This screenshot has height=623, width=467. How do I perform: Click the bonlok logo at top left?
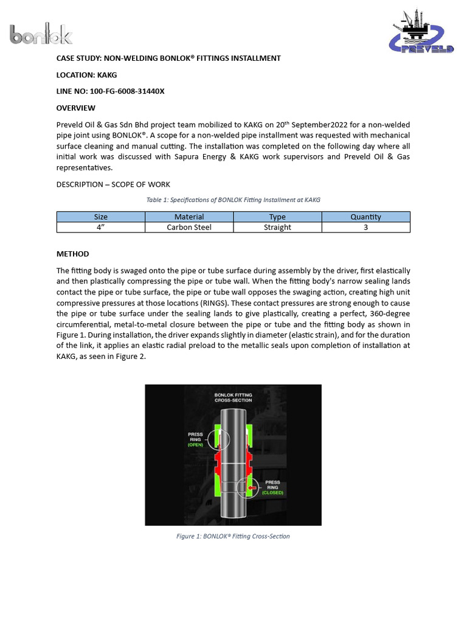click(x=41, y=34)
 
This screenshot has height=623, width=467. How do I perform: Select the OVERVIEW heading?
click(x=76, y=108)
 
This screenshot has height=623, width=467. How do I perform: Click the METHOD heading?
click(x=72, y=254)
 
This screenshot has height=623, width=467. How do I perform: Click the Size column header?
click(x=100, y=217)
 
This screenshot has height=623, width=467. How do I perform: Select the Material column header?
click(x=189, y=217)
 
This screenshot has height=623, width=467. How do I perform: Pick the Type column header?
click(x=277, y=217)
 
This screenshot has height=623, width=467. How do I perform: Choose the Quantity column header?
click(x=365, y=217)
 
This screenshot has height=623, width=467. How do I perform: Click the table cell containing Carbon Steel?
click(x=189, y=228)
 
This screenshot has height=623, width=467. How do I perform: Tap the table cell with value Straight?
click(x=277, y=228)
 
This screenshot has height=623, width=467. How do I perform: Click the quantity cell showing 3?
click(x=365, y=228)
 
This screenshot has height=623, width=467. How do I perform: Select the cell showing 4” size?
click(x=100, y=228)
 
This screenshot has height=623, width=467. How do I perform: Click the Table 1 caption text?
click(x=233, y=200)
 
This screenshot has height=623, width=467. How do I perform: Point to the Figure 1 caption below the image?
click(x=233, y=536)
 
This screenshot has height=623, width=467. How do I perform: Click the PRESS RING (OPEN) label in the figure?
click(x=195, y=439)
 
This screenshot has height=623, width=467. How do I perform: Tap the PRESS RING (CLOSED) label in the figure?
click(x=272, y=487)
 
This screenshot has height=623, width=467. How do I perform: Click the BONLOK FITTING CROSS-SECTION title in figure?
click(x=233, y=398)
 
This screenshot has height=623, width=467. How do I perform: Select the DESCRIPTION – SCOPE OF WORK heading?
click(x=113, y=184)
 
